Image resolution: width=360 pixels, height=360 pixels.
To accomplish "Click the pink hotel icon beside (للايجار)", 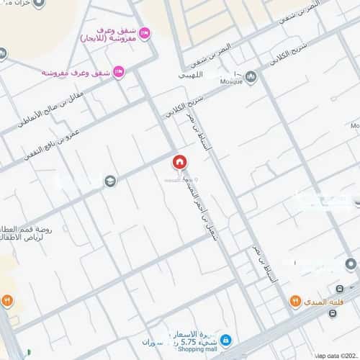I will pyautogui.click(x=144, y=32).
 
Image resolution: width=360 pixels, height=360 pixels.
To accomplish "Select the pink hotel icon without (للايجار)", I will pyautogui.click(x=119, y=71).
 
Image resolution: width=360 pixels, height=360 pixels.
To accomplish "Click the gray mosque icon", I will pyautogui.click(x=251, y=76).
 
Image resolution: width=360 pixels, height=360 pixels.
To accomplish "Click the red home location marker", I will pyautogui.click(x=179, y=162).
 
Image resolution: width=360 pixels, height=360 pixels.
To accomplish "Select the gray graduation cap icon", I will pyautogui.click(x=109, y=181).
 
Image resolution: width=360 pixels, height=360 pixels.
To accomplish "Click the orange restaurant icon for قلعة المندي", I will pyautogui.click(x=295, y=301).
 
